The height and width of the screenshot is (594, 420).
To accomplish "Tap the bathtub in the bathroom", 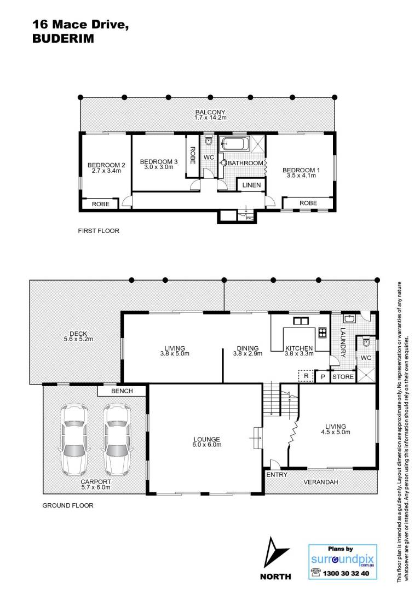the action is click(x=235, y=144).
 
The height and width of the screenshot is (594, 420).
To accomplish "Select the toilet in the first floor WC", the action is click(x=208, y=141).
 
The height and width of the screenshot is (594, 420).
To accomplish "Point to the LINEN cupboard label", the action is click(x=251, y=185).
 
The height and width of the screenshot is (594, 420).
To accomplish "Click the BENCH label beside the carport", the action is click(x=122, y=391).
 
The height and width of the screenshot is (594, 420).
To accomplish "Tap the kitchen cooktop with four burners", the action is click(x=322, y=332).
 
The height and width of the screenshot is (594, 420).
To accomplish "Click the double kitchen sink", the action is click(x=301, y=321).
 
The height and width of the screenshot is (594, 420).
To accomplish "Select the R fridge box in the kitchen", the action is click(x=306, y=376).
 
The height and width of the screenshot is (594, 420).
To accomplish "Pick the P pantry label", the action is click(x=323, y=376).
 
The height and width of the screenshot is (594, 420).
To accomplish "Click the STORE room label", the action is click(x=343, y=376).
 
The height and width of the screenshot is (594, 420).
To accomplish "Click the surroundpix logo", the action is click(x=342, y=560).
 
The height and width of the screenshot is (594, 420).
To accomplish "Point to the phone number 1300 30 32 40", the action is click(x=346, y=573).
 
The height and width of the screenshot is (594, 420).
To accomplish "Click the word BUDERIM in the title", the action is click(x=64, y=39).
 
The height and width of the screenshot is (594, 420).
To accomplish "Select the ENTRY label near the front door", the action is click(x=277, y=475).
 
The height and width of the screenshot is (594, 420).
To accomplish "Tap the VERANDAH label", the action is click(x=320, y=482).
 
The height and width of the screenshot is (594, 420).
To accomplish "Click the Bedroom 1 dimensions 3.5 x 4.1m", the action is click(x=301, y=176).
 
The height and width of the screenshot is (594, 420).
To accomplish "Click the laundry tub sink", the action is click(x=348, y=318).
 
